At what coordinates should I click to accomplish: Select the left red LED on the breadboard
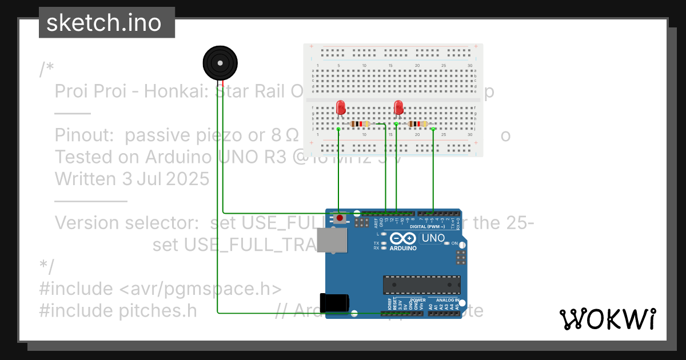341,107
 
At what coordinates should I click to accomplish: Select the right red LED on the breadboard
398,107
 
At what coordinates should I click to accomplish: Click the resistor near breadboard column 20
418,124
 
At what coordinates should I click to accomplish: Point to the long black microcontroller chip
421,283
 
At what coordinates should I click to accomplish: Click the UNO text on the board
433,238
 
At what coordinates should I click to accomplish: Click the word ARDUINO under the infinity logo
403,249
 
